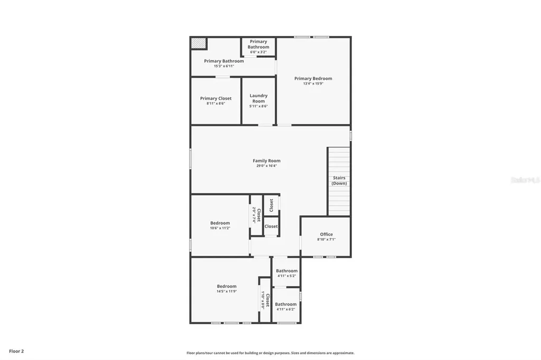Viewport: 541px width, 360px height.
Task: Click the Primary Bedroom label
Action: tap(313, 79)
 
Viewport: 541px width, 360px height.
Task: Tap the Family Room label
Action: tap(266, 160)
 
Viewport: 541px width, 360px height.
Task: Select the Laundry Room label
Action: tap(258, 98)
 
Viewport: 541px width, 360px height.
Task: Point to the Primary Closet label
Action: tap(216, 98)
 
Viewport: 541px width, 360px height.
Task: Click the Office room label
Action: tap(326, 234)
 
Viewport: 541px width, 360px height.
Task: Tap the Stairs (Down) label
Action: tap(339, 181)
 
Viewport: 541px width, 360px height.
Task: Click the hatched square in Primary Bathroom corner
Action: tap(199, 43)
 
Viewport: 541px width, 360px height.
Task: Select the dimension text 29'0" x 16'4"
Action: tap(266, 166)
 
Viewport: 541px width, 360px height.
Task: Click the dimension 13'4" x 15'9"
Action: tap(313, 83)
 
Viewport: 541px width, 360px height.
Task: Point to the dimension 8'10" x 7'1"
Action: tap(326, 239)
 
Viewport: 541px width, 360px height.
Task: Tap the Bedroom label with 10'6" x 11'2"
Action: tap(220, 223)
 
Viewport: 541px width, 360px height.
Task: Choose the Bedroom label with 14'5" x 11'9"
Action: tap(226, 286)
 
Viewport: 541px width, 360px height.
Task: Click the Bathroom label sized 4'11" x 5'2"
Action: tap(286, 271)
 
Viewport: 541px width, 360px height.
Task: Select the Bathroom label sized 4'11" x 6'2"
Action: tap(285, 304)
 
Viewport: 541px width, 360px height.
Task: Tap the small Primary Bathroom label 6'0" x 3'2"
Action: tap(258, 44)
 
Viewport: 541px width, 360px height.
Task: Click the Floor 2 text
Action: tap(16, 351)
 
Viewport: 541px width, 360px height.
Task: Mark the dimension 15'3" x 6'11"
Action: tap(223, 66)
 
